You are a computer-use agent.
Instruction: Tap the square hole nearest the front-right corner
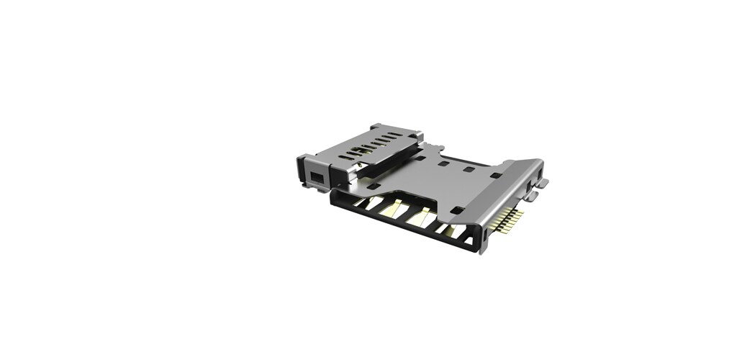point(455,210)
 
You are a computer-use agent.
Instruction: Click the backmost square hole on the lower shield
point(445,164)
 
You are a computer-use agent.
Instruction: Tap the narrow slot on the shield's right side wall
point(531,189)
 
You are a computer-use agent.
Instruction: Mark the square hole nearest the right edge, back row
point(496,176)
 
